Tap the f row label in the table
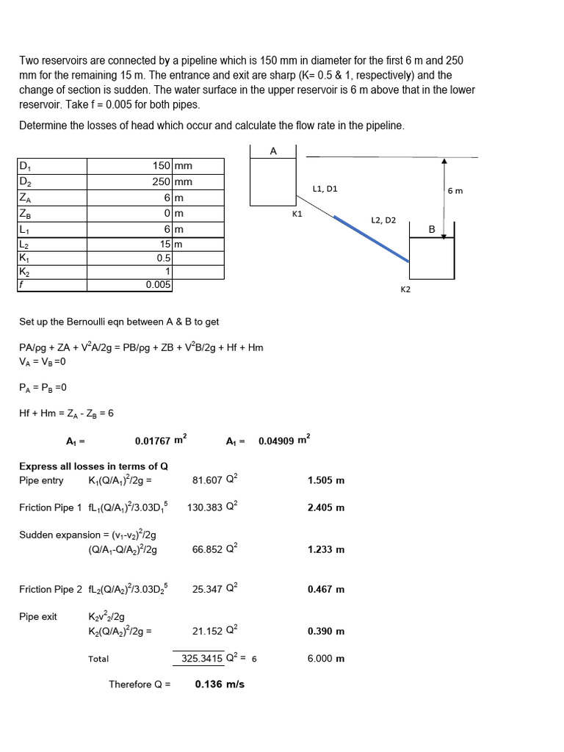tap(21, 284)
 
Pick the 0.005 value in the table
tap(158, 284)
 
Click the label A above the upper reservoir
tap(273, 151)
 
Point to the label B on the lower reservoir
tap(432, 230)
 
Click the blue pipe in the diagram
tap(371, 239)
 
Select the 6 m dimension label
tap(455, 190)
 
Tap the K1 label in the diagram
tap(297, 215)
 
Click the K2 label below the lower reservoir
tap(405, 289)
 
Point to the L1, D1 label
tap(325, 189)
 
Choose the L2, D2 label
tap(383, 220)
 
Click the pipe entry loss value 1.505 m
tap(326, 481)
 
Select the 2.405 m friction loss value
tap(326, 507)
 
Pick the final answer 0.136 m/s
tap(220, 684)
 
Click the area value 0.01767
tap(152, 441)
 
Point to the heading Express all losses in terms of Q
tap(93, 466)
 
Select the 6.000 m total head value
tap(326, 659)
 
